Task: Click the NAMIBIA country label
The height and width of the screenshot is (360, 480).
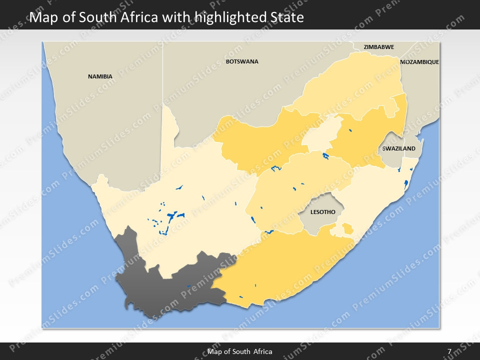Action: [x=100, y=76]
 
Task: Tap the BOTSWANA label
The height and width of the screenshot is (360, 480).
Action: [x=242, y=61]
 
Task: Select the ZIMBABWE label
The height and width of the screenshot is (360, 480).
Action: [x=378, y=47]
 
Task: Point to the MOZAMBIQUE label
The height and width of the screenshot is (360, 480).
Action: [x=419, y=62]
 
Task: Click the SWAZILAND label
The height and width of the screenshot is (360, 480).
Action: [x=398, y=149]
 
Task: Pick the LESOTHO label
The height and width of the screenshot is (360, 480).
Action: [x=322, y=212]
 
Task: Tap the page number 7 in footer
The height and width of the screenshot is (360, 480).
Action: [x=449, y=351]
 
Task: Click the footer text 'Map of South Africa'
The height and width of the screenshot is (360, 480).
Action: [x=240, y=351]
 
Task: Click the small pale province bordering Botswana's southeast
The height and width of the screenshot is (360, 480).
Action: [x=320, y=132]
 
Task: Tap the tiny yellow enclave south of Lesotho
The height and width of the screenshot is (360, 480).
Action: [x=346, y=229]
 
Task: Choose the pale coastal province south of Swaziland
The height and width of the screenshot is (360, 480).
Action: [x=375, y=195]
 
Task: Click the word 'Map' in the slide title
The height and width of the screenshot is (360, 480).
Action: [x=42, y=18]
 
